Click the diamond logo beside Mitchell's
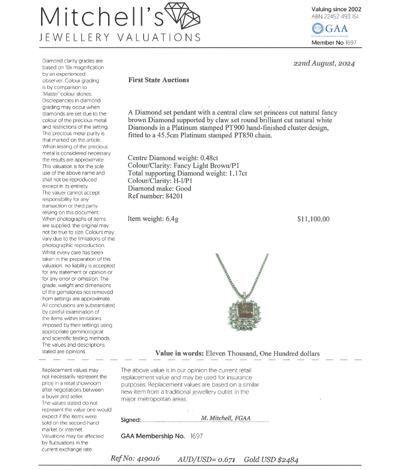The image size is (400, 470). coord(183,15)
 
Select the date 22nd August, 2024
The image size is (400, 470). coord(324,63)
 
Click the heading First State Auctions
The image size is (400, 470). coord(158,80)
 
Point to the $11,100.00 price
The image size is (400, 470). coord(313,219)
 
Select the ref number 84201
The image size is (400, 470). coord(186,195)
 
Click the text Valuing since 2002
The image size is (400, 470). coord(336,9)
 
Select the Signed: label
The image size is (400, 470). coord(131,420)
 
